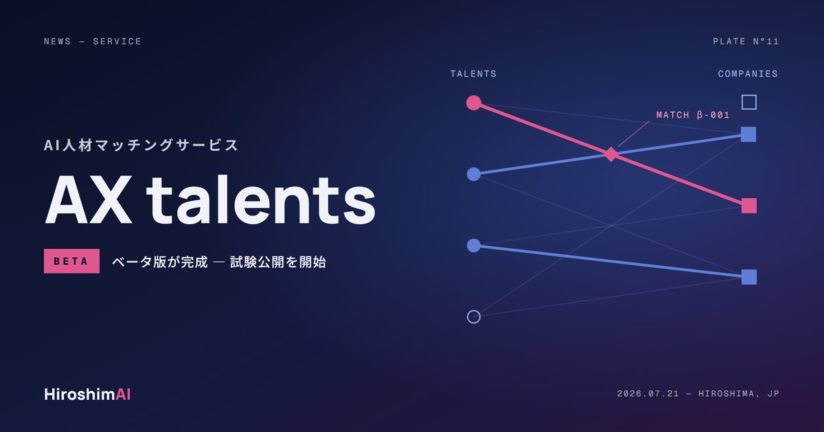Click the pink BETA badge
coord(71,261)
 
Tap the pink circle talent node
coord(474,102)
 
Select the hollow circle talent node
coord(474,317)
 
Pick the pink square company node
coord(749,206)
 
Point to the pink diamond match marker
coord(611,154)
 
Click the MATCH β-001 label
coord(693,115)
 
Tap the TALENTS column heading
coord(473,74)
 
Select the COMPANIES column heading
coord(748,74)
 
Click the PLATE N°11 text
coord(746,41)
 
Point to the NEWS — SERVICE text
coord(92,41)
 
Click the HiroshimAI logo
coord(87,394)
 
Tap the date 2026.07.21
coord(648,394)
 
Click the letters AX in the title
coord(89,200)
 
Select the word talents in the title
coord(261,200)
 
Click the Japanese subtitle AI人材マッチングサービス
coord(141,145)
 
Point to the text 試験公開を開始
coord(278,262)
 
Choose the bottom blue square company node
coord(749,277)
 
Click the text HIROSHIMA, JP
coord(739,394)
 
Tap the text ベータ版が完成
coord(160,262)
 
